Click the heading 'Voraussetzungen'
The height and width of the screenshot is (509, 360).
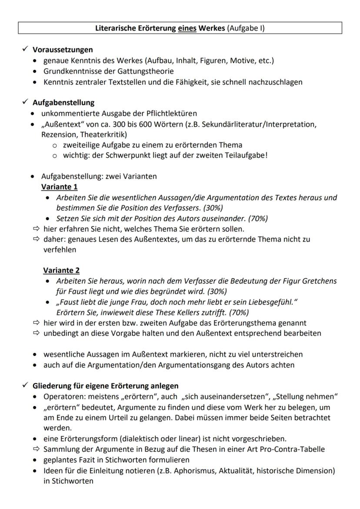pyautogui.click(x=63, y=50)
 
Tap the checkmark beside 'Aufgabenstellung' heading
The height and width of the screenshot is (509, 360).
pyautogui.click(x=26, y=103)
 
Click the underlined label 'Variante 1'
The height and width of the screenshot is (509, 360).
pyautogui.click(x=60, y=187)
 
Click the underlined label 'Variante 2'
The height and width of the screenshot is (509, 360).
pyautogui.click(x=61, y=270)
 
